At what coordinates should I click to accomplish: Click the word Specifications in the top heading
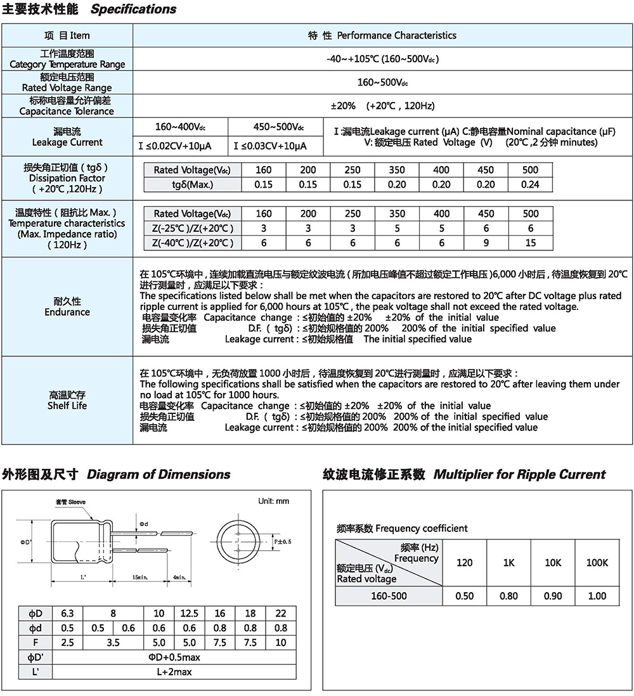134,10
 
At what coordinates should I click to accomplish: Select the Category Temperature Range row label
67,64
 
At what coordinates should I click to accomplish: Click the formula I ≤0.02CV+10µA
175,146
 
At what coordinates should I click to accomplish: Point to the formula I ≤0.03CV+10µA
270,146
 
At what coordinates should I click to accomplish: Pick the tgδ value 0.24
530,184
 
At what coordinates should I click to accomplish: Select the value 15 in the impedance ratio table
530,243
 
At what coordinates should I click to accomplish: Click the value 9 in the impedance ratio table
486,243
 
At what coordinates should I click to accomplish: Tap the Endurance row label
67,312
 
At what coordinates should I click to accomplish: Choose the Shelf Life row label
67,406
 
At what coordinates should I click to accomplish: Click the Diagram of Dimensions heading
158,475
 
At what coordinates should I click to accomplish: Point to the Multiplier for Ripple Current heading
519,475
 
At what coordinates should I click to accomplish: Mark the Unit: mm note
273,501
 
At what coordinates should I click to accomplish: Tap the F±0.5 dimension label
282,541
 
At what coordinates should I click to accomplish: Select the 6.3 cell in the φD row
67,614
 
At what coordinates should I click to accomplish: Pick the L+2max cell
174,672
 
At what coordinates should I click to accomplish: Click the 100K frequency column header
597,562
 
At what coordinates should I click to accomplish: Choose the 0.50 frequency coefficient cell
464,596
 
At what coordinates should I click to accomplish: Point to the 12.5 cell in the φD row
190,614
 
